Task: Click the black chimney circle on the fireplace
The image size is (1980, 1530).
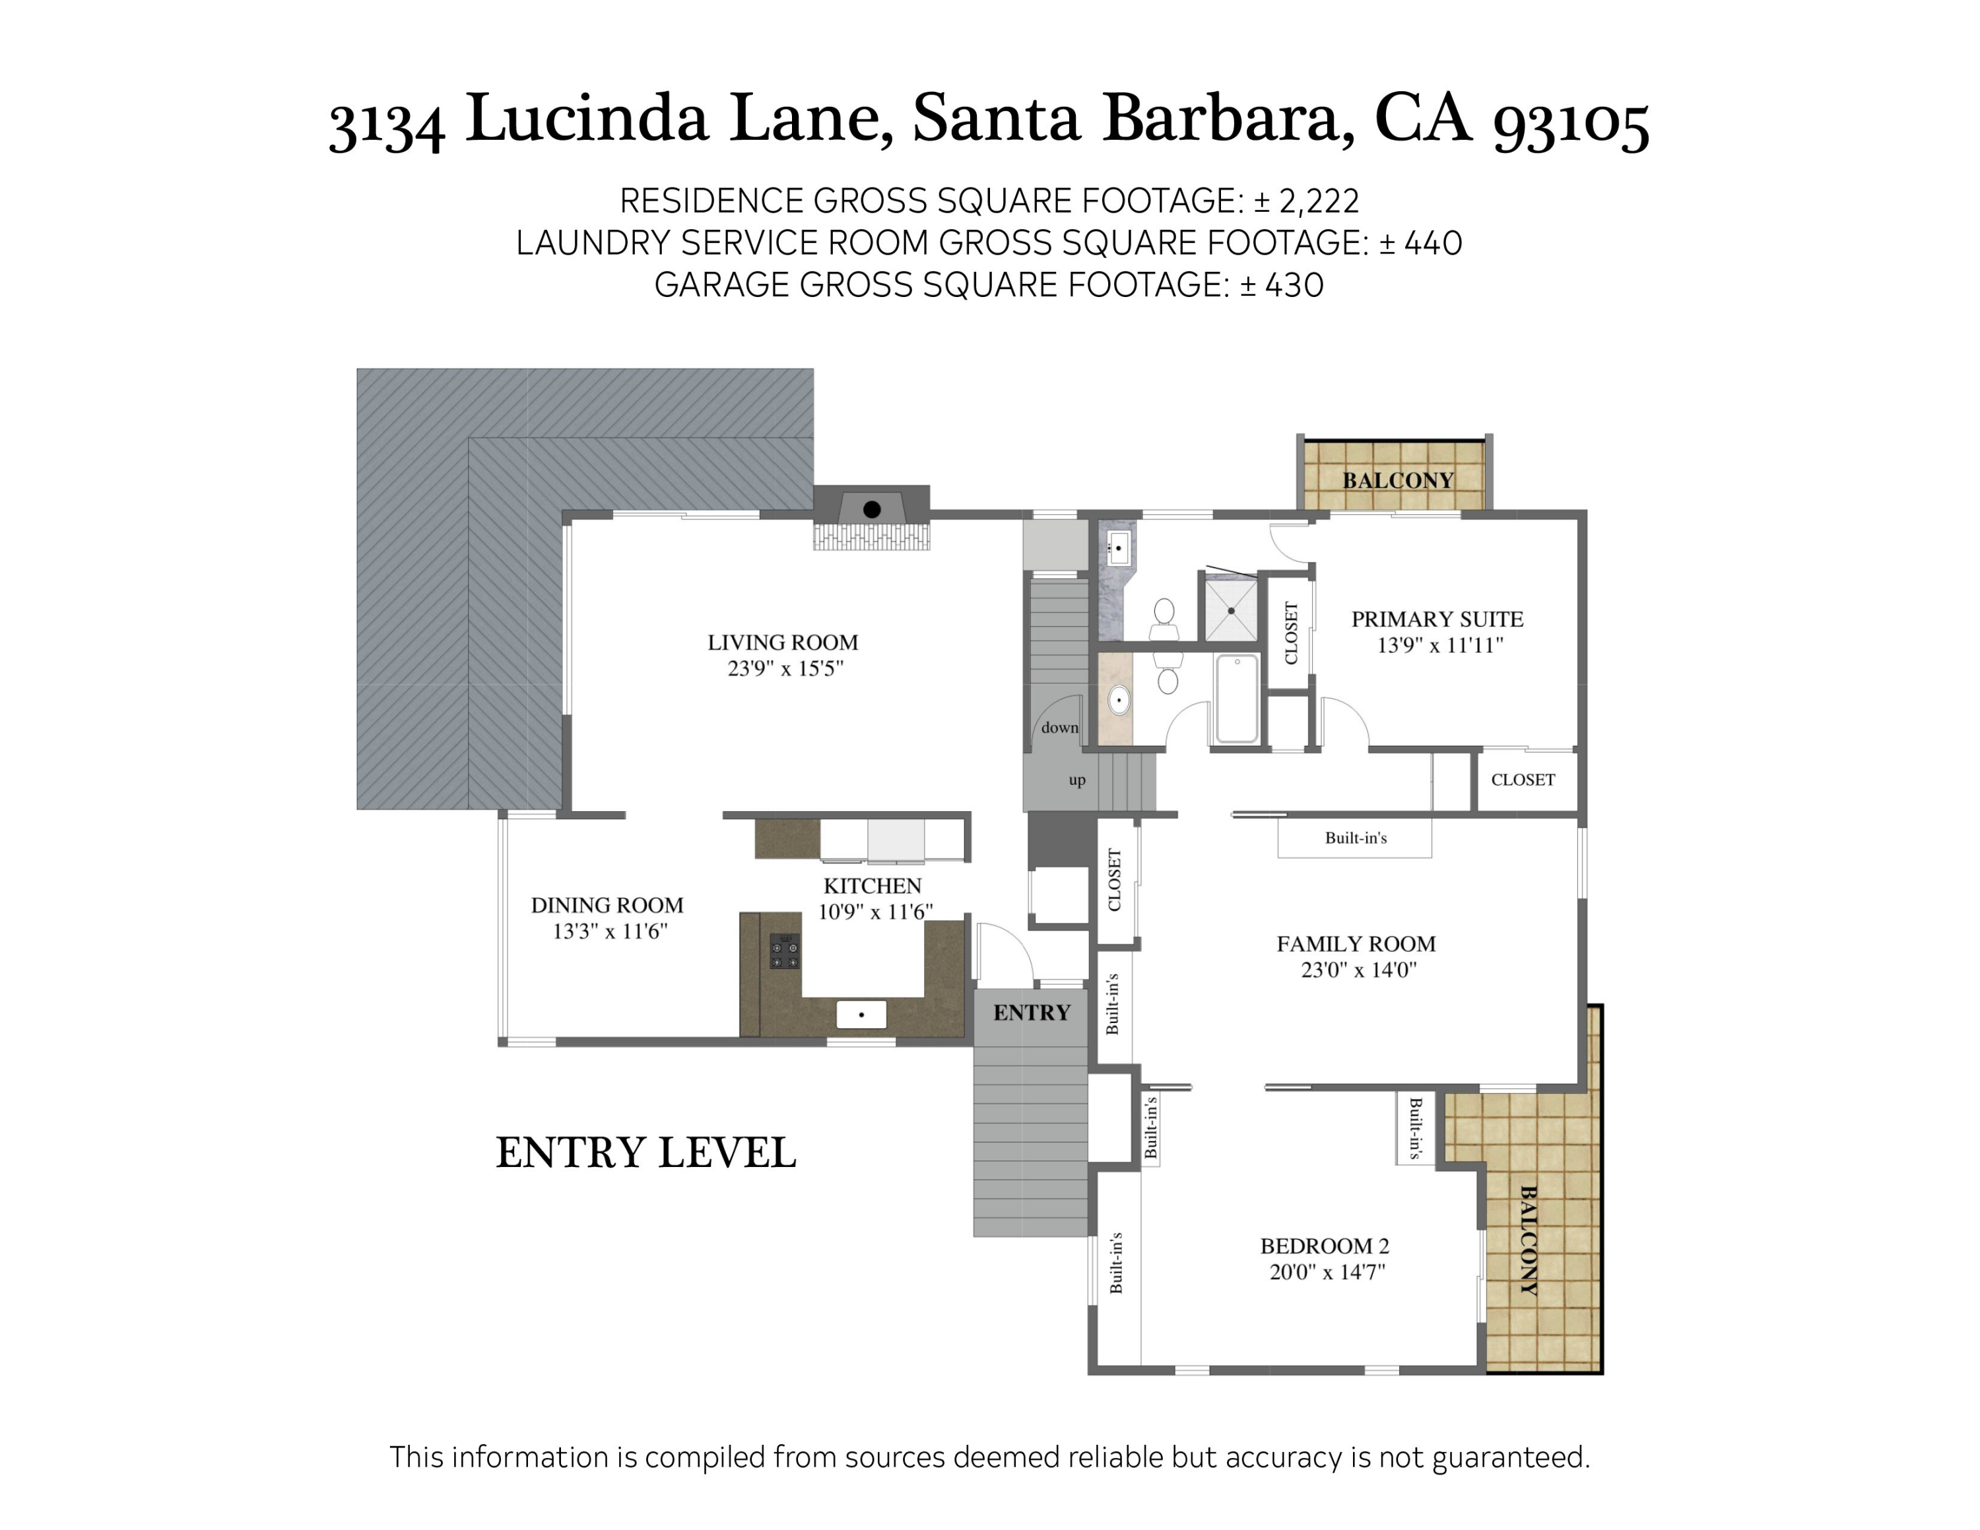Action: pos(871,510)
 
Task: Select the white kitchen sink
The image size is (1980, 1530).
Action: pos(861,1014)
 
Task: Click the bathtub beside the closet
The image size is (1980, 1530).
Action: pos(1237,698)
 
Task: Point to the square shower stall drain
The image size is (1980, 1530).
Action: pos(1230,610)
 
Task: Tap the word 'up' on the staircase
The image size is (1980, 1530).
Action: pos(1076,780)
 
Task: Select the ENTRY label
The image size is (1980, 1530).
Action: pos(1031,1013)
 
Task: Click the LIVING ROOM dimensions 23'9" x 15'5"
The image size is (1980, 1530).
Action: pos(785,669)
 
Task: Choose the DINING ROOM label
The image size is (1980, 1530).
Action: pos(607,904)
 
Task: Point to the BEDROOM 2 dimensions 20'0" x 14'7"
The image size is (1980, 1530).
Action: pos(1327,1272)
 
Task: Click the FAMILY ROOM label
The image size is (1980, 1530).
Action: pos(1356,944)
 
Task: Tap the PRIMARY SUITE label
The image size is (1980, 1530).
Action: pos(1437,619)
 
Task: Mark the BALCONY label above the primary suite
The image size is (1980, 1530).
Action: pos(1397,481)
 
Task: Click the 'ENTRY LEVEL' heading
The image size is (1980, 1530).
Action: pos(645,1153)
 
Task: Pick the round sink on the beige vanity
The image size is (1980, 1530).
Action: pos(1119,700)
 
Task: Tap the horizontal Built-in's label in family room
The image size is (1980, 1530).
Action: pos(1356,838)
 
